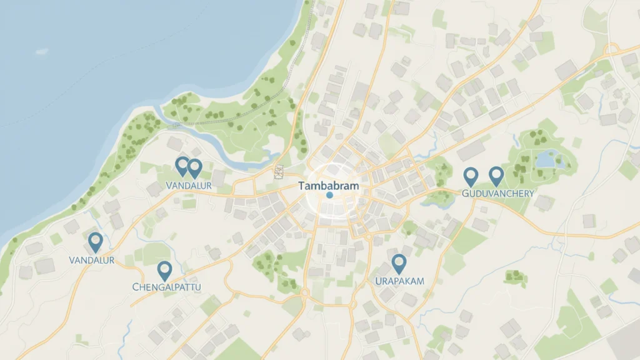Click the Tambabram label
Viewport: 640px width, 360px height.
(329, 186)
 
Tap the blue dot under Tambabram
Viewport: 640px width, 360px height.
(329, 195)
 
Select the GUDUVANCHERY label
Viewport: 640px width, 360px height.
(498, 193)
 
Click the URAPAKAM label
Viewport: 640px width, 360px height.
(399, 281)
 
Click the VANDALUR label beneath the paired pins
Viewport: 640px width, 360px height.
(189, 186)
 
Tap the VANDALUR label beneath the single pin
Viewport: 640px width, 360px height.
(92, 260)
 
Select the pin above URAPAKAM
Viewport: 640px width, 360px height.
(398, 263)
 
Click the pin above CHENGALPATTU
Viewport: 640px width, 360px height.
(164, 269)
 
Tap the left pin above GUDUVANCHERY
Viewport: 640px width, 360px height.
(471, 176)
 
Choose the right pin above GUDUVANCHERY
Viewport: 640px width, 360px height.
(496, 176)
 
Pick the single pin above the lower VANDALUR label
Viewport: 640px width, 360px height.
(95, 241)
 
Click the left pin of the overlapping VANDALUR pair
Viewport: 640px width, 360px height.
(182, 166)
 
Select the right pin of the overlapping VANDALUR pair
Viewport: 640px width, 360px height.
(195, 167)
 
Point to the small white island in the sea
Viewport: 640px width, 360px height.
(42, 51)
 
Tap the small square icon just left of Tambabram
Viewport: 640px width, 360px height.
(279, 172)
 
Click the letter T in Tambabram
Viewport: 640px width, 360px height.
(302, 186)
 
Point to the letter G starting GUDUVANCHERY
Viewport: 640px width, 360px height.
(466, 194)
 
